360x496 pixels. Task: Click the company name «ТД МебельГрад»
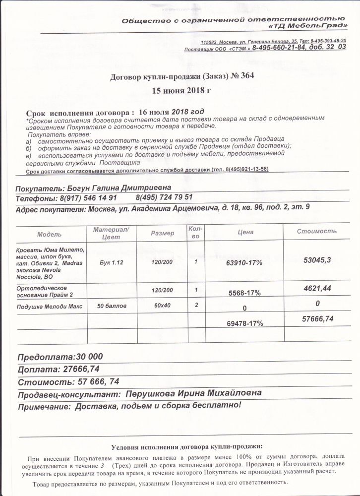coord(309,26)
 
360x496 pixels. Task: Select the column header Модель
coord(49,233)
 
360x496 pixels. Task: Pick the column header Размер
coord(162,233)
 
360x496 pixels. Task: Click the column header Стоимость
coord(316,231)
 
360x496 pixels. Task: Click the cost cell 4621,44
coord(316,287)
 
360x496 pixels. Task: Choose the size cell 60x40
coord(162,305)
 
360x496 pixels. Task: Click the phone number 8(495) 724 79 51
coord(164,197)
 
